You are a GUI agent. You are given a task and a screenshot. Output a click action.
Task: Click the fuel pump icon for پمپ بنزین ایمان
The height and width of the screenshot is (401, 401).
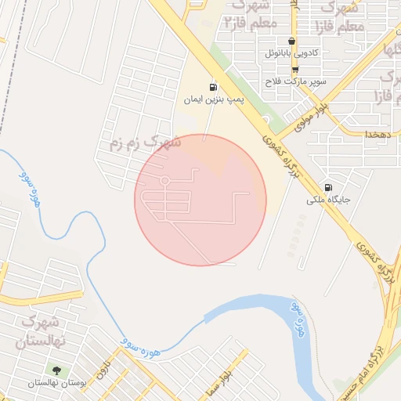212,87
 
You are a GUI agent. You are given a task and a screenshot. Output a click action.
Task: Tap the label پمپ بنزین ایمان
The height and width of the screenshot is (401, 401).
214,100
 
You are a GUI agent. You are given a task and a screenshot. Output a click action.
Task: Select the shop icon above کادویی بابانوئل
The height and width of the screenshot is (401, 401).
292,42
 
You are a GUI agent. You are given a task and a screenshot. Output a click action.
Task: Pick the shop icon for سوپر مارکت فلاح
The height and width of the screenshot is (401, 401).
295,69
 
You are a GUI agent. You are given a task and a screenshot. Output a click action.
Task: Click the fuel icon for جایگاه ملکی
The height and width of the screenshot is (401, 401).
327,187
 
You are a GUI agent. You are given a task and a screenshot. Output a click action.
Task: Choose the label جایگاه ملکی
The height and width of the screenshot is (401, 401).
327,200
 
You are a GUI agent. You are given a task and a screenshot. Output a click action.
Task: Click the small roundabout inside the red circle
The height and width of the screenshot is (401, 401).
164,182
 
